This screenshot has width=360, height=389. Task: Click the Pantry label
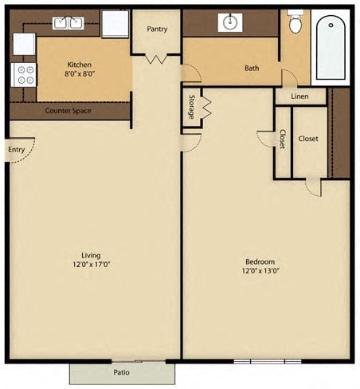tap(157, 29)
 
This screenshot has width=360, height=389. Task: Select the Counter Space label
tap(68, 111)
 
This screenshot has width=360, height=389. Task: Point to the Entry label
tap(15, 150)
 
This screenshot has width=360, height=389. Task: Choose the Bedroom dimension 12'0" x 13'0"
tap(260, 270)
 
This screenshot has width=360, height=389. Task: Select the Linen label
tap(299, 96)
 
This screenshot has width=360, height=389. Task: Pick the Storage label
tap(192, 108)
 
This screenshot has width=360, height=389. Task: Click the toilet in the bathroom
tap(296, 22)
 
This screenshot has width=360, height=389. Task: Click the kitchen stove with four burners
tap(24, 74)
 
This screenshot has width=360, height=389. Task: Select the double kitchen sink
tap(67, 22)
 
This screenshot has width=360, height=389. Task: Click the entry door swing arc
tap(25, 159)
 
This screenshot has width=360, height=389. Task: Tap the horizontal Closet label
tap(308, 139)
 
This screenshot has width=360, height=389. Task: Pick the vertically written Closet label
tap(283, 140)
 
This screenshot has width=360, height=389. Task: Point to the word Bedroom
tap(260, 261)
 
